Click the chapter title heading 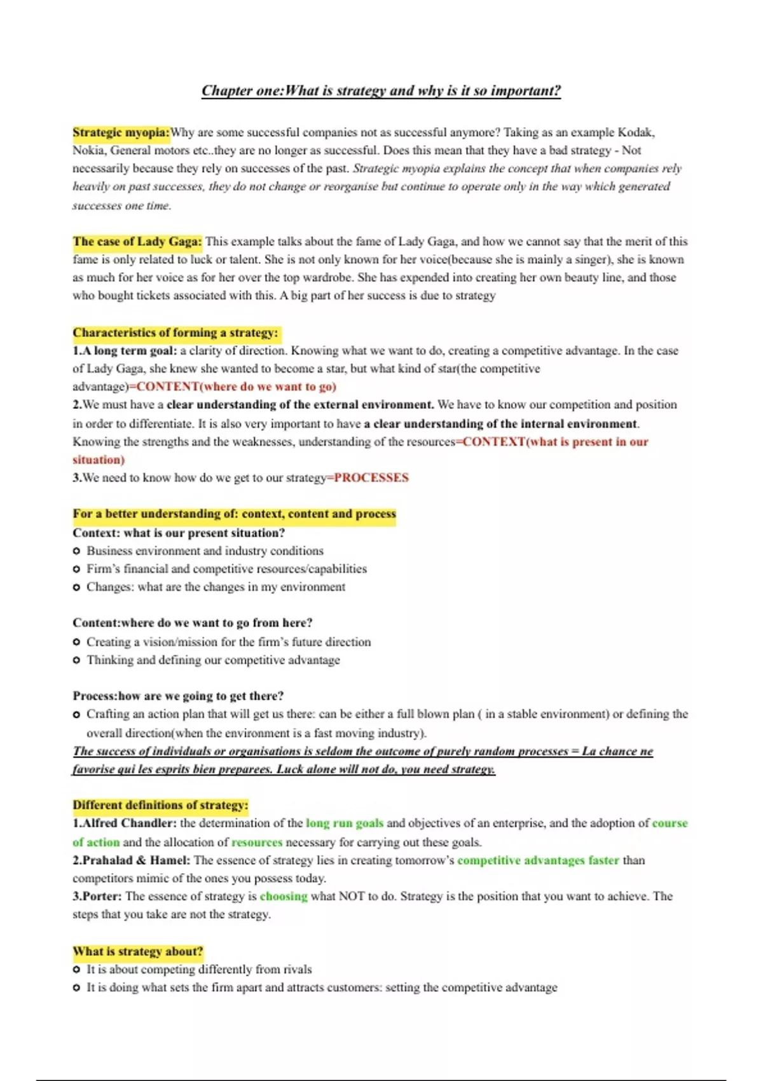pos(381,91)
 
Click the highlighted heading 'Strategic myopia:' pos(121,132)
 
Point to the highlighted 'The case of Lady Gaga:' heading pos(137,242)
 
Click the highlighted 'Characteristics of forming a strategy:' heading pos(175,333)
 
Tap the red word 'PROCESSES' pos(371,478)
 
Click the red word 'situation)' pos(99,460)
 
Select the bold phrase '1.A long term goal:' pos(125,350)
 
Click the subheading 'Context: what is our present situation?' pos(179,533)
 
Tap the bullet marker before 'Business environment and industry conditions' pos(76,551)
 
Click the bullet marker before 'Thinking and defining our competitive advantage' pos(76,660)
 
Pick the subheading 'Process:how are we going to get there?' pos(178,696)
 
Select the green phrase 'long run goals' pos(345,823)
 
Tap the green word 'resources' pos(257,842)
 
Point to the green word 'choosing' pos(284,896)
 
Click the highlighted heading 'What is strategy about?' pos(138,951)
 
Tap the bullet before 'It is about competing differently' pos(76,970)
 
